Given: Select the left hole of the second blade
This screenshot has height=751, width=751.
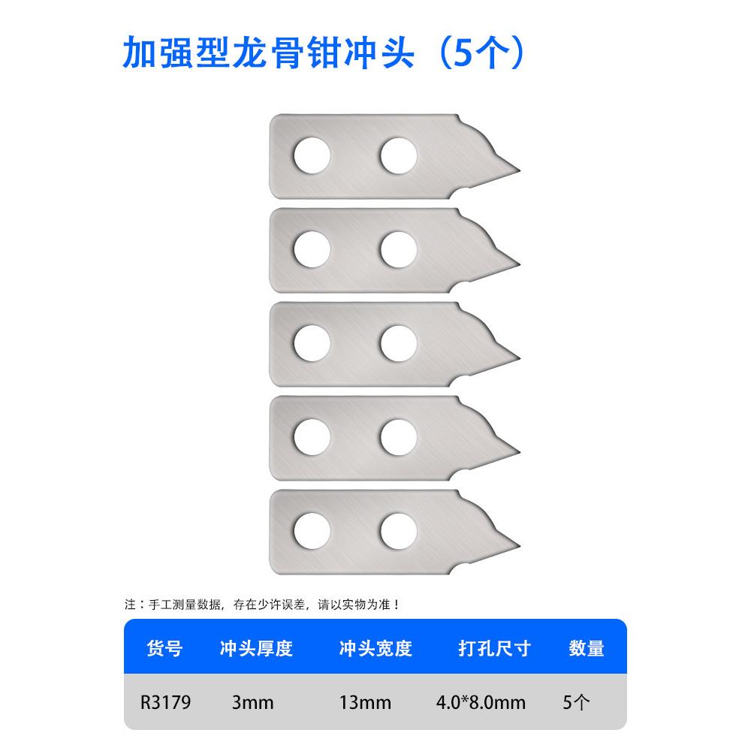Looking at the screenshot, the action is coord(312,250).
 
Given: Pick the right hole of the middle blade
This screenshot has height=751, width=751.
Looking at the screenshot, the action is coord(398,344).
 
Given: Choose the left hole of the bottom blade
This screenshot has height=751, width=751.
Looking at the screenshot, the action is coord(312,530).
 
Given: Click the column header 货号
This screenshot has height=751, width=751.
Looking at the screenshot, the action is coord(164,648).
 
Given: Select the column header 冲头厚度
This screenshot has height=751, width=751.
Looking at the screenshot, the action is coord(255,648).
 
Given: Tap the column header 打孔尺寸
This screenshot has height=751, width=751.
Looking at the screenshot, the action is coord(494,648).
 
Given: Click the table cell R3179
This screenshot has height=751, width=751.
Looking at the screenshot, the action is coord(165,703).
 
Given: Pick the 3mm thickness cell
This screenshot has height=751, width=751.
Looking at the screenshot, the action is coord(253,703).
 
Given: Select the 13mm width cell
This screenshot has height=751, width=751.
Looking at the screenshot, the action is coord(366,703).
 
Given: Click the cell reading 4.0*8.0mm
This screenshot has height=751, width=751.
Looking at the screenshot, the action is coord(481,703).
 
